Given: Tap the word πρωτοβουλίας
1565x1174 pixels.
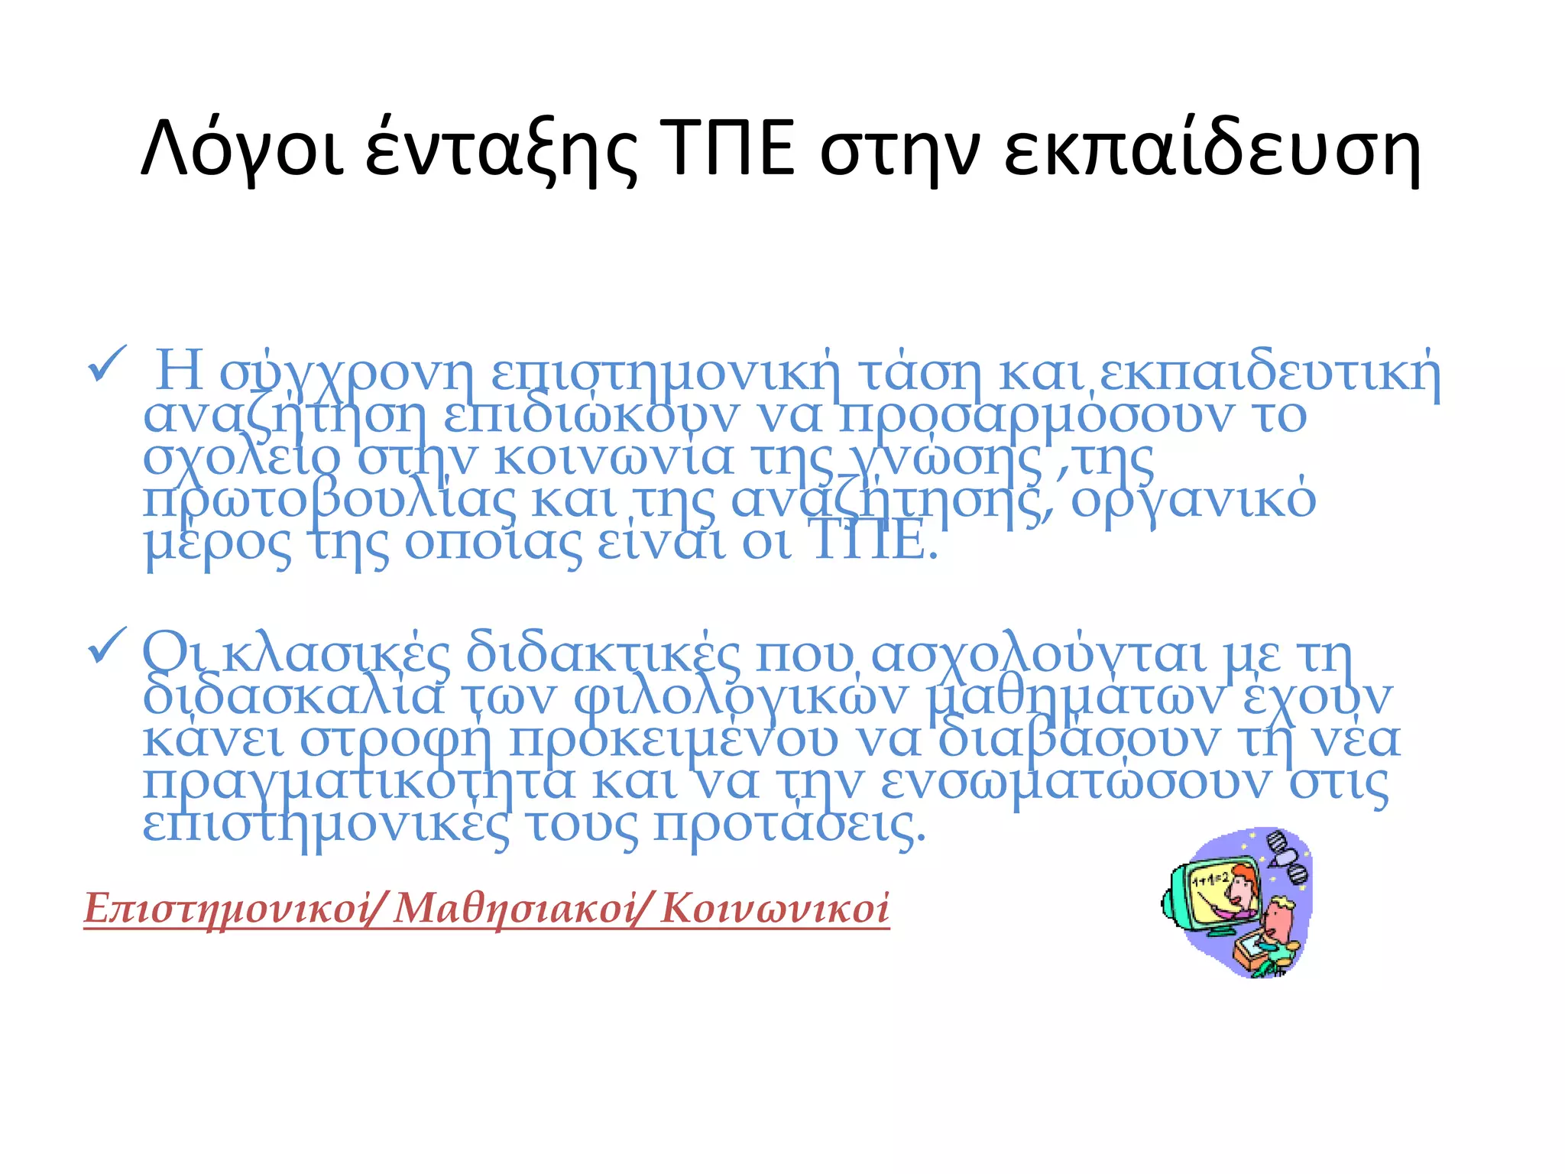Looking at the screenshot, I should (x=329, y=501).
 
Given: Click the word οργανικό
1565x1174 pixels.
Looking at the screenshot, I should (x=1193, y=501).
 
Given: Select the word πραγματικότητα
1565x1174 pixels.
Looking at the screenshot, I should (x=358, y=783).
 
